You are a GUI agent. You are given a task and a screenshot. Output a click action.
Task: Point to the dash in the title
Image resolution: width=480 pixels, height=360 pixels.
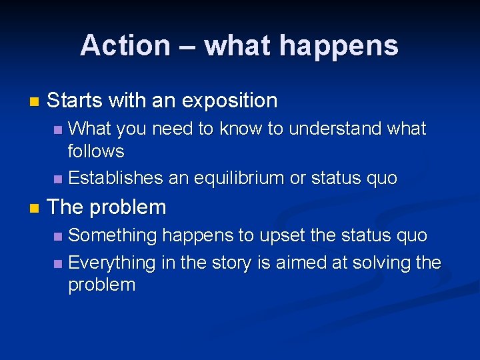(x=187, y=45)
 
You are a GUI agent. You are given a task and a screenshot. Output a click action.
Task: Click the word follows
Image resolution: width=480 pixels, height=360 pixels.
(x=96, y=151)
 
